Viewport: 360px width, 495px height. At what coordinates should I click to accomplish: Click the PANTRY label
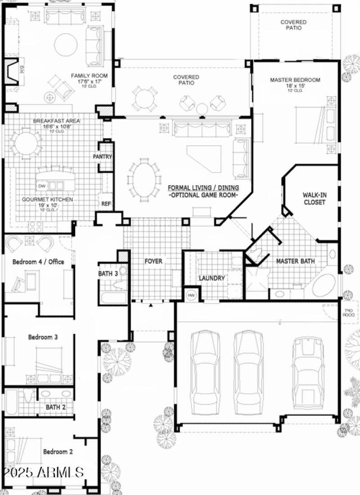pyautogui.click(x=103, y=157)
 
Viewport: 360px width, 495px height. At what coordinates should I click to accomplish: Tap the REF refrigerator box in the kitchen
pyautogui.click(x=106, y=204)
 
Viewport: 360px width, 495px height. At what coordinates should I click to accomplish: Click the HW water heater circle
pyautogui.click(x=191, y=295)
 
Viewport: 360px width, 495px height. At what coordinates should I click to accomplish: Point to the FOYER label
pyautogui.click(x=153, y=261)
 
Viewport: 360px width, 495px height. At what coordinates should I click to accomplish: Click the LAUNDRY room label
pyautogui.click(x=211, y=278)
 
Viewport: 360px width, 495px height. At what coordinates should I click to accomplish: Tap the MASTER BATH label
pyautogui.click(x=295, y=261)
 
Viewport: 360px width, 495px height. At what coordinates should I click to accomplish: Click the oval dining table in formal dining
pyautogui.click(x=144, y=180)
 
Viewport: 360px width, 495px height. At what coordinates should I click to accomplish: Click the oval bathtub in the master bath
pyautogui.click(x=324, y=285)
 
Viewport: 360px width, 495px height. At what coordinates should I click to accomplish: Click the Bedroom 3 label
pyautogui.click(x=43, y=337)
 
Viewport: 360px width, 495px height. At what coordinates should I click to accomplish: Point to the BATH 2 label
pyautogui.click(x=56, y=407)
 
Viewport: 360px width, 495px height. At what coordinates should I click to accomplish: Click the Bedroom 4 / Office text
pyautogui.click(x=38, y=261)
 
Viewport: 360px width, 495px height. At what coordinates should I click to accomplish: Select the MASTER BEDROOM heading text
pyautogui.click(x=295, y=80)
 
